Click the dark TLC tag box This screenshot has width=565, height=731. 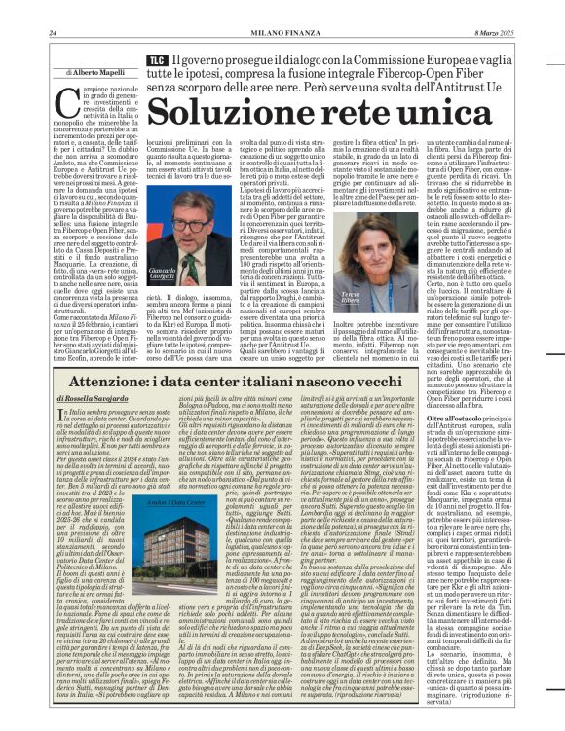click(x=155, y=61)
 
